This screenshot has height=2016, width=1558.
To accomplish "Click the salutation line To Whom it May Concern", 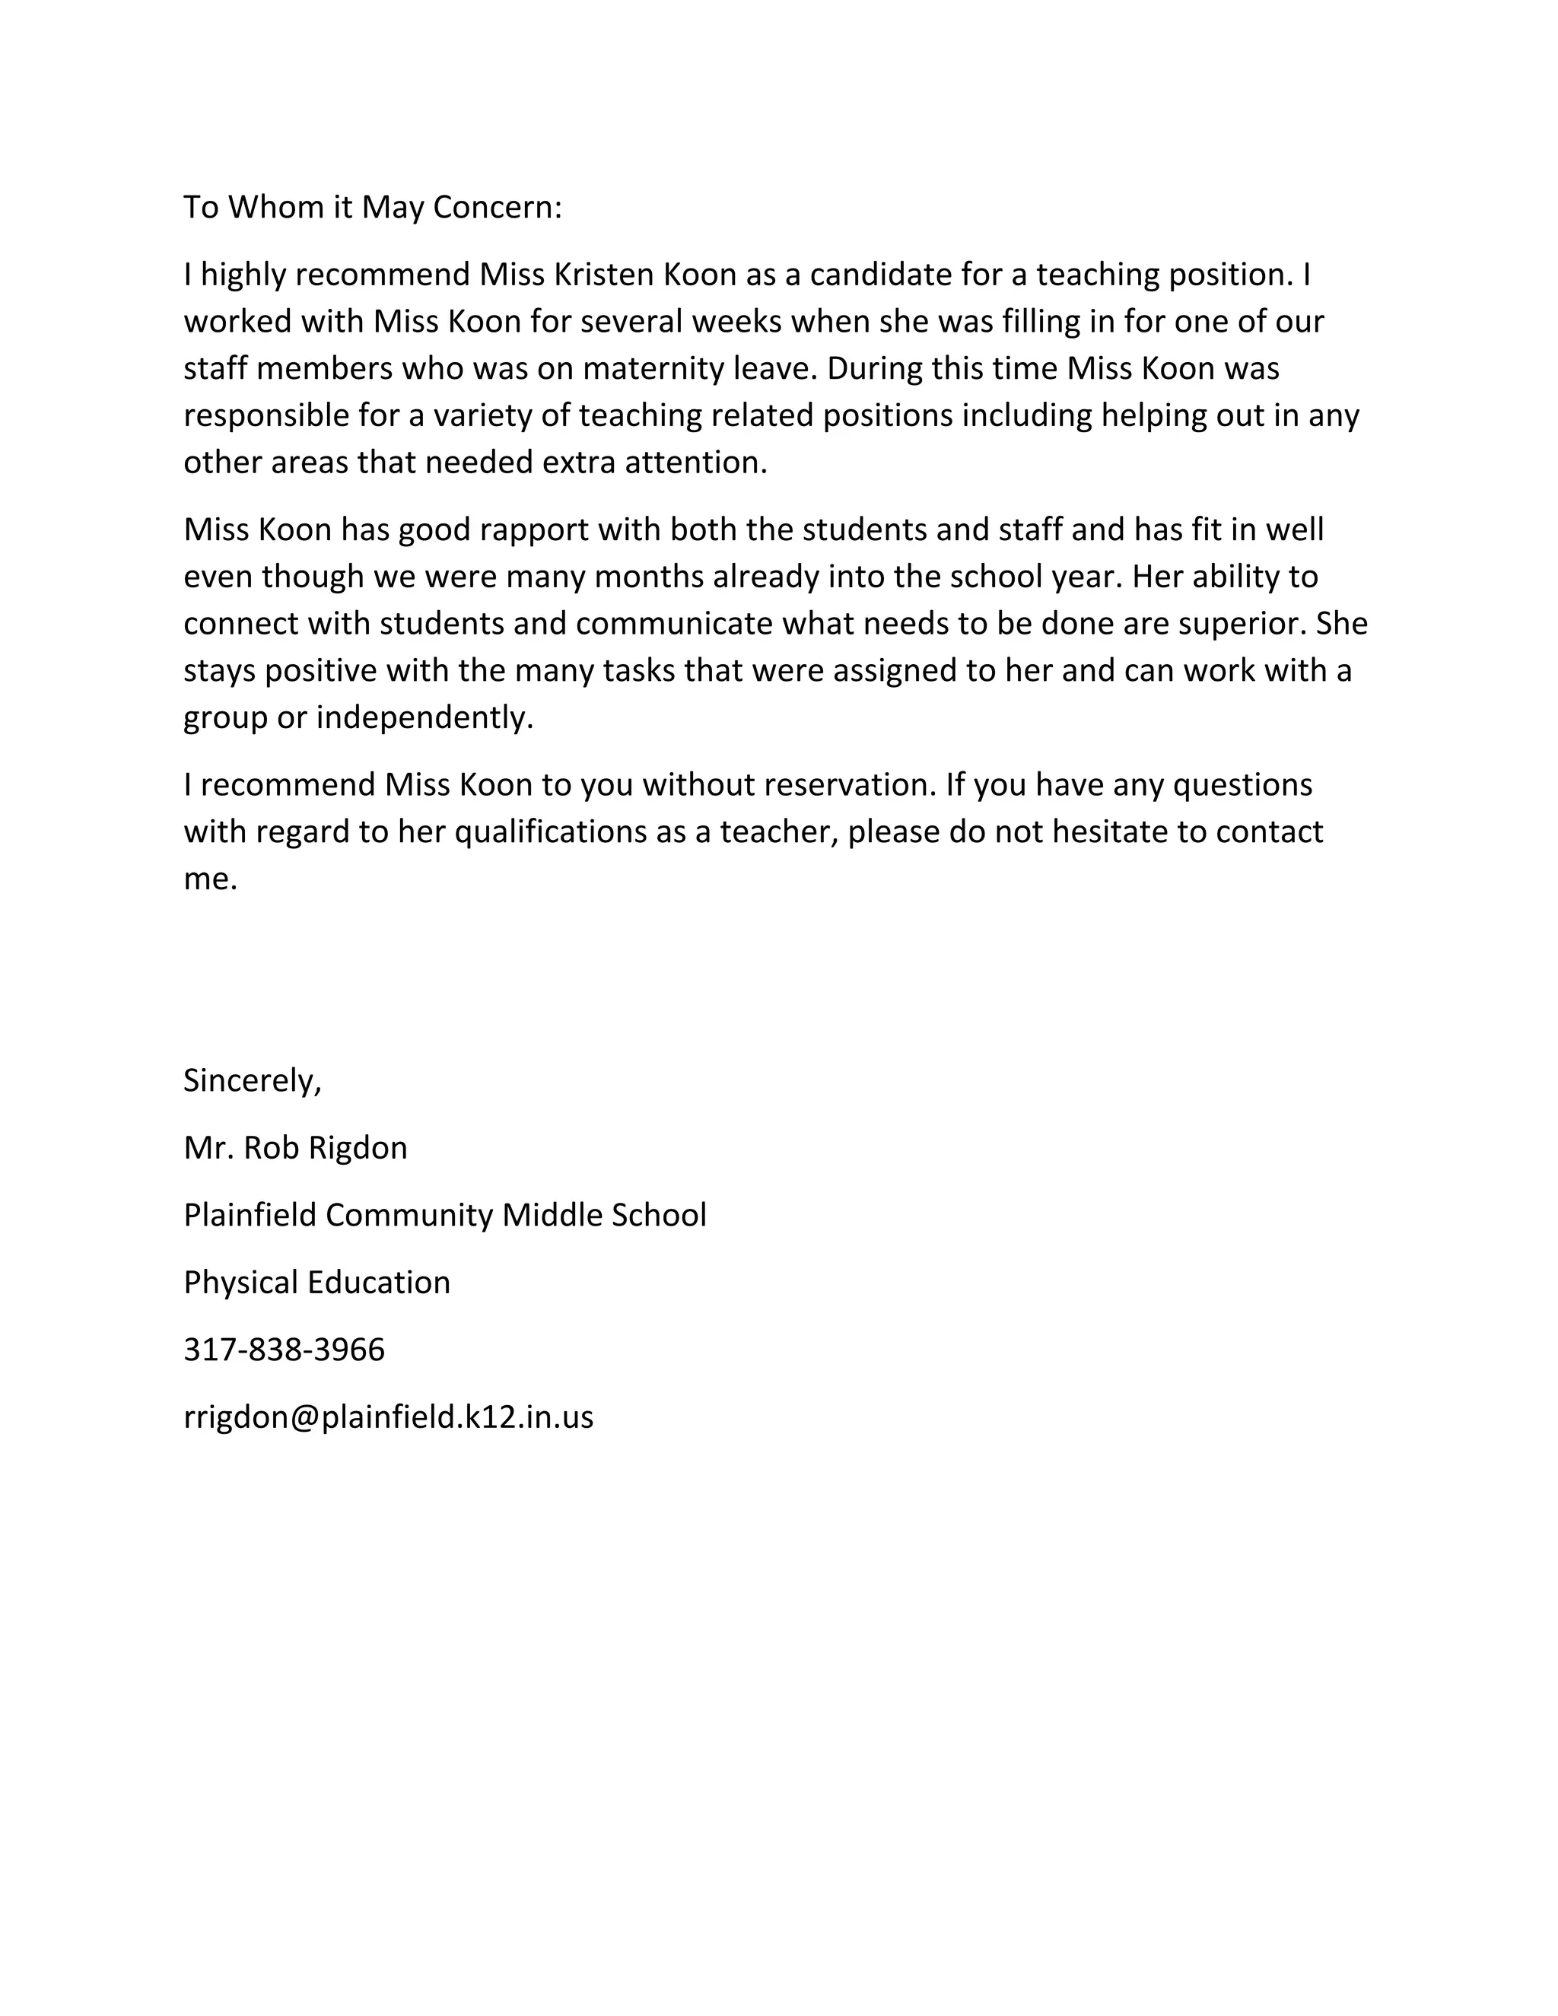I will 372,208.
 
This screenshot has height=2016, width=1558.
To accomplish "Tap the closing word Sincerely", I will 252,1081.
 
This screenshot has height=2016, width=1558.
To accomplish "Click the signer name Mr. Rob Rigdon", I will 295,1148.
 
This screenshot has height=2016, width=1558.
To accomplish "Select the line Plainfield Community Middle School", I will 445,1216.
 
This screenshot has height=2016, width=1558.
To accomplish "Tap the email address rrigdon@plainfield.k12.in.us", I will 389,1418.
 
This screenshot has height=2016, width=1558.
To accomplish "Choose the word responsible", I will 265,416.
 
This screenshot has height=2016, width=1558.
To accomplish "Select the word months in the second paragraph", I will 650,577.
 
